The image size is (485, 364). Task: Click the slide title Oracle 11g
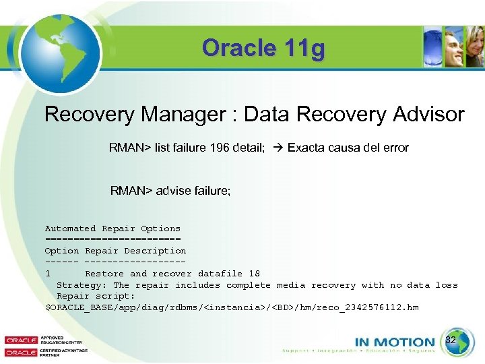pos(263,49)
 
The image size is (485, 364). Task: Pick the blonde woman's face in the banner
pos(476,51)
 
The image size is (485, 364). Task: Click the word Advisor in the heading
pos(425,115)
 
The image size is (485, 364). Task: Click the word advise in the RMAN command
pos(172,191)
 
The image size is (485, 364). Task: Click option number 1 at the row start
pos(48,274)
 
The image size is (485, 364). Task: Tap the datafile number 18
pos(254,274)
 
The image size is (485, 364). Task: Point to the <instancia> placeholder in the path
pos(233,307)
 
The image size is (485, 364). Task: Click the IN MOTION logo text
pos(394,342)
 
